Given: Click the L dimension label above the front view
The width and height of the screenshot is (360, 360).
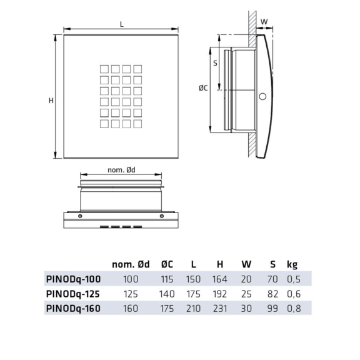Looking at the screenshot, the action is coord(122,24).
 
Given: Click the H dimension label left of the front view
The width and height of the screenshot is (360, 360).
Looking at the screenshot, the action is coord(51,101).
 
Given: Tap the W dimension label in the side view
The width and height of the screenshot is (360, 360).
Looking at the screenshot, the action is coord(264,22).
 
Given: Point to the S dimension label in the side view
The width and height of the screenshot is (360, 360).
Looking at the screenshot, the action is coord(215,63).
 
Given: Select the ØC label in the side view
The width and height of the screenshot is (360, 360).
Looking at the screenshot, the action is coord(203,87).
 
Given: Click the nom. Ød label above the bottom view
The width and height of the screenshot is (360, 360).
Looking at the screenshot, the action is coord(121,170).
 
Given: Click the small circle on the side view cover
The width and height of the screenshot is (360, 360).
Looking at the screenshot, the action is coord(262,96).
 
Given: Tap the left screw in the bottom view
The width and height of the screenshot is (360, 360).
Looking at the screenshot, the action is coord(80,216).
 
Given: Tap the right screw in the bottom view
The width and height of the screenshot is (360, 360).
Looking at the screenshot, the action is coord(162,216).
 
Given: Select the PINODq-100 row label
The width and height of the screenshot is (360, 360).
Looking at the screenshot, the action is coord(74,279).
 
